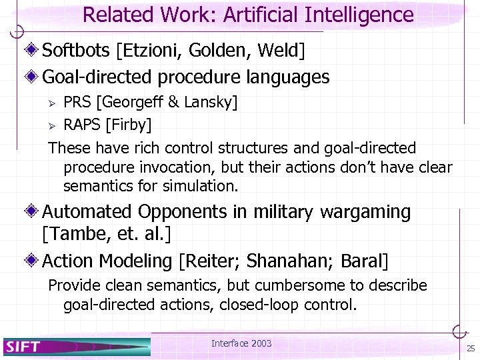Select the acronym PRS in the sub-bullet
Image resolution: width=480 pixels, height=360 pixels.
click(x=78, y=102)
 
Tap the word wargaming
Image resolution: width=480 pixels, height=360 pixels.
click(x=365, y=212)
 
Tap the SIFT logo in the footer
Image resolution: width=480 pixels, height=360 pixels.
click(x=23, y=346)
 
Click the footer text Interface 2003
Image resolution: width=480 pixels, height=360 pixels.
click(x=241, y=343)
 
